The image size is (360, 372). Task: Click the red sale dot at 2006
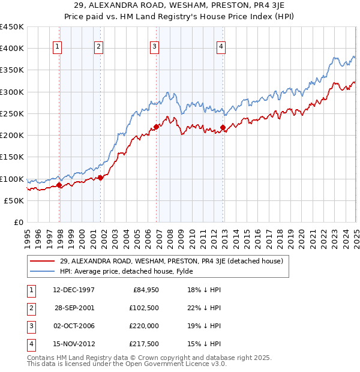click(156, 127)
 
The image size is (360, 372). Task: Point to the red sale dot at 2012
click(223, 127)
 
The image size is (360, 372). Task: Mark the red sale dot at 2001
click(101, 178)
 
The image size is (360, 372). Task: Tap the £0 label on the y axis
click(19, 222)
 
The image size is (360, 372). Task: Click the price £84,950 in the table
click(145, 290)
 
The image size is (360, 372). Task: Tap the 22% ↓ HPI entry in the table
click(204, 308)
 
